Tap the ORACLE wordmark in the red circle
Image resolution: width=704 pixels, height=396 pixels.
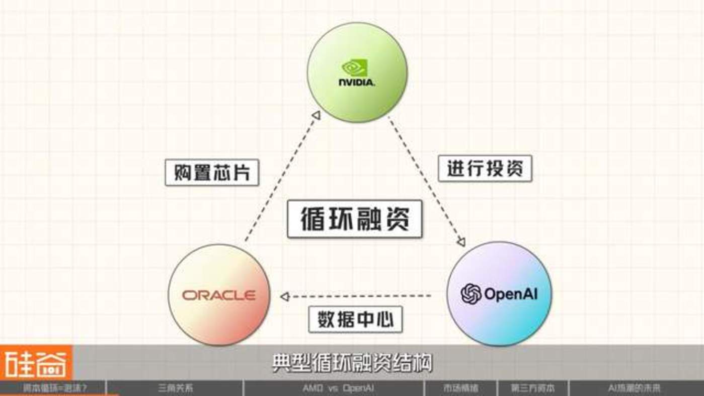coord(218,295)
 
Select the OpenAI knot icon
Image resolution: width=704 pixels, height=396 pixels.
coord(471,294)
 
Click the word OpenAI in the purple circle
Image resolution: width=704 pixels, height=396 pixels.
coord(510,294)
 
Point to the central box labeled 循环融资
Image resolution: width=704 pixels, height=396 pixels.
coord(355,219)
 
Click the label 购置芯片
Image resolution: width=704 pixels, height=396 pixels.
coord(212,173)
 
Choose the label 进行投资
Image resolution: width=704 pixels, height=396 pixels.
coord(485,168)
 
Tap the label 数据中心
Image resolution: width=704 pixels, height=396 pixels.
coord(355,319)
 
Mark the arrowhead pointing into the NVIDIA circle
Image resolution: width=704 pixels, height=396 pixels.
coord(316,116)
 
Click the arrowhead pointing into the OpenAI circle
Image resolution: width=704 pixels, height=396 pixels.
coord(461,242)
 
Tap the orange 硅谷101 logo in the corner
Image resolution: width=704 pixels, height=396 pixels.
coord(36,363)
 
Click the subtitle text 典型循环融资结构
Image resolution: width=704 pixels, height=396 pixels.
coord(352,363)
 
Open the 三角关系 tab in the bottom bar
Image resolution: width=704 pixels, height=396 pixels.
coord(175,388)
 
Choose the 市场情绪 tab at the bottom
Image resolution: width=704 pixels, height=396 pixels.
coord(460,388)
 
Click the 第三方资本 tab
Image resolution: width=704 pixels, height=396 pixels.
coord(533,388)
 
